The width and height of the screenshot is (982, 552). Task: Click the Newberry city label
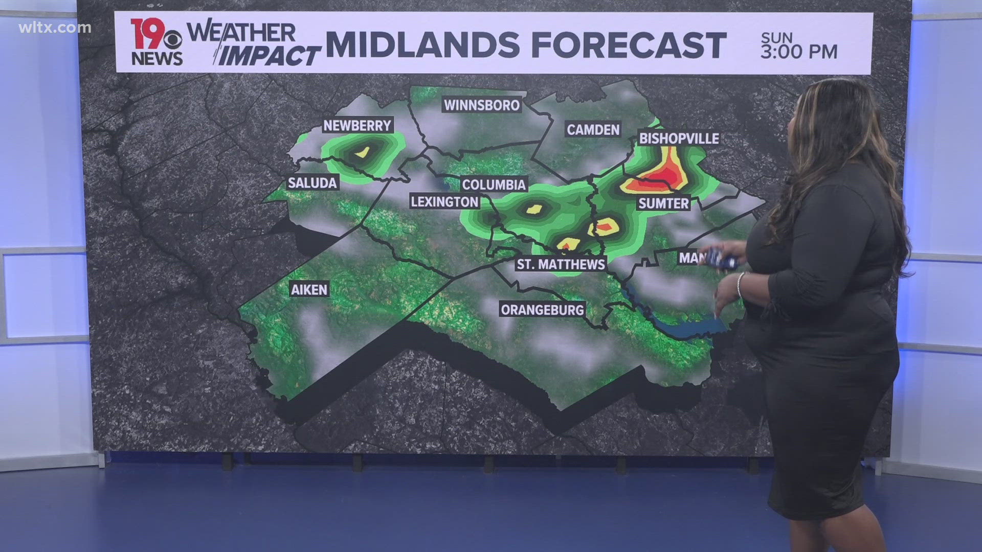(357, 126)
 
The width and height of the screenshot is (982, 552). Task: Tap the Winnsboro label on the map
(482, 105)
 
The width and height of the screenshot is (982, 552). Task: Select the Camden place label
(593, 130)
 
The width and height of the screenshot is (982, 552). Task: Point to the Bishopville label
(679, 139)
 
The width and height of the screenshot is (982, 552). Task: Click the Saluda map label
(312, 183)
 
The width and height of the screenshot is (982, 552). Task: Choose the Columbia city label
(494, 185)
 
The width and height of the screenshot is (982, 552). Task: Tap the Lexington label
(444, 202)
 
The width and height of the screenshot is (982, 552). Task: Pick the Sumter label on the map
(663, 203)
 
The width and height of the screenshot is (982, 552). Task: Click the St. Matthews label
(561, 264)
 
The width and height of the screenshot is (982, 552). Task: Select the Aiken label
(309, 290)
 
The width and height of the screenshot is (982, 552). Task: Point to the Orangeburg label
(542, 310)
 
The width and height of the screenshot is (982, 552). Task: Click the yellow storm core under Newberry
(362, 152)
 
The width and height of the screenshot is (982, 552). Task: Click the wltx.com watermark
(55, 28)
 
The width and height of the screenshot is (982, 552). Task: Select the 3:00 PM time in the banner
(798, 52)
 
